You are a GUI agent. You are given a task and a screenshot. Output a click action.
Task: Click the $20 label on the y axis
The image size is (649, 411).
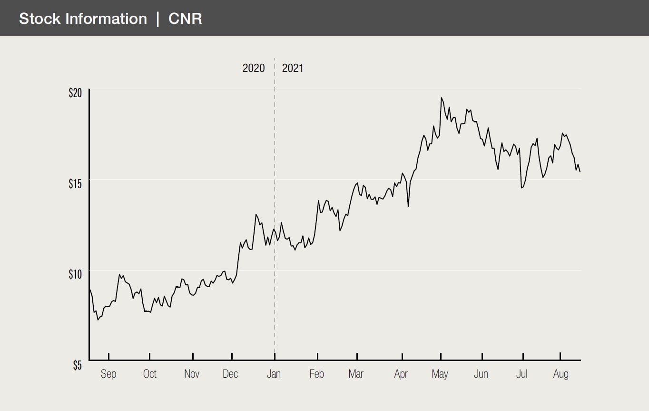(x=76, y=92)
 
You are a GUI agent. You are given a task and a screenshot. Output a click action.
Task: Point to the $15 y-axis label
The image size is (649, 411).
(x=76, y=183)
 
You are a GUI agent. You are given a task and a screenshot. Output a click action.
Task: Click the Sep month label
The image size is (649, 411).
(x=108, y=374)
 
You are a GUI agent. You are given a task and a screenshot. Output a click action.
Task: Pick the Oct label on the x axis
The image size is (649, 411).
(x=150, y=374)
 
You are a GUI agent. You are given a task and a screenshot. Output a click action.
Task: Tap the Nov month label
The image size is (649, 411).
(x=192, y=374)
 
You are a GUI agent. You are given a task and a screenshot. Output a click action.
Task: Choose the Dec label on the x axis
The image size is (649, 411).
(x=230, y=374)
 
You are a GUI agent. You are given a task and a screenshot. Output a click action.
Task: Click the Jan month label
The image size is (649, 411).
(x=274, y=374)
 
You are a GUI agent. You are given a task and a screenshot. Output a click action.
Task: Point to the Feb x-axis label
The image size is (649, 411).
(x=316, y=374)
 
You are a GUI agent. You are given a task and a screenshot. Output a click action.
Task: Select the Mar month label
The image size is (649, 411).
(x=356, y=374)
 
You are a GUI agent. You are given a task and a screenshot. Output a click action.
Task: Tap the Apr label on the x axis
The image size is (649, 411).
(x=401, y=374)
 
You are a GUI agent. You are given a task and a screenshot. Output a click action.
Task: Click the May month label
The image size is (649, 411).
(x=440, y=374)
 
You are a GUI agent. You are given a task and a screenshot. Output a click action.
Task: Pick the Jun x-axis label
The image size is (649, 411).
(x=481, y=374)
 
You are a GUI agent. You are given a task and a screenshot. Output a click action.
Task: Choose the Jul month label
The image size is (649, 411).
(x=522, y=374)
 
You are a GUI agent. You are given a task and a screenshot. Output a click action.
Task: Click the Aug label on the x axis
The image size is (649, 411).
(x=561, y=374)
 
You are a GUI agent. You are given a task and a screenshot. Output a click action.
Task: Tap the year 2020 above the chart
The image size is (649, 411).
(x=254, y=68)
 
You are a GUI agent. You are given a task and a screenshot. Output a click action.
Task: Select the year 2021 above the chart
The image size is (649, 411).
(x=293, y=68)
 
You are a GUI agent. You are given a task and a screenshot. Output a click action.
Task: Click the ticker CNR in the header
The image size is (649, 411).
(x=185, y=19)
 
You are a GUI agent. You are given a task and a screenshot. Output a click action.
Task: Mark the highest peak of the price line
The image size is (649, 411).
(x=442, y=98)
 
